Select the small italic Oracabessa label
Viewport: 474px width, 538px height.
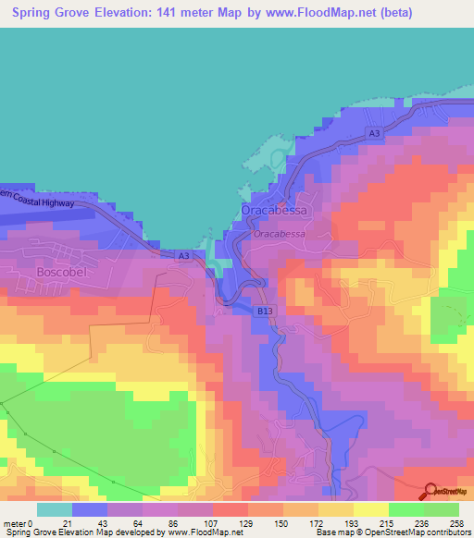tap(279, 235)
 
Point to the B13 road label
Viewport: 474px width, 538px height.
tap(265, 312)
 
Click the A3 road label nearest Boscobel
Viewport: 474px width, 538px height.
tap(183, 255)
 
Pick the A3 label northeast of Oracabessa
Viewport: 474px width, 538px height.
tap(374, 134)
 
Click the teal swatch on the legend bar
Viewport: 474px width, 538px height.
tap(54, 509)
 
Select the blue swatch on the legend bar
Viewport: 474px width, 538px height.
tap(89, 509)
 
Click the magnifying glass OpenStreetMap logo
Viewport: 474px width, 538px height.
tap(430, 490)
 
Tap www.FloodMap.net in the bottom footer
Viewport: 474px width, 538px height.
tap(198, 533)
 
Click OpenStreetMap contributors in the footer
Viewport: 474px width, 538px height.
tap(421, 533)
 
